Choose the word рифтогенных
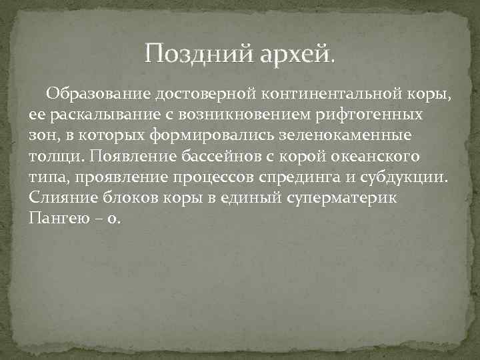click(359, 115)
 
